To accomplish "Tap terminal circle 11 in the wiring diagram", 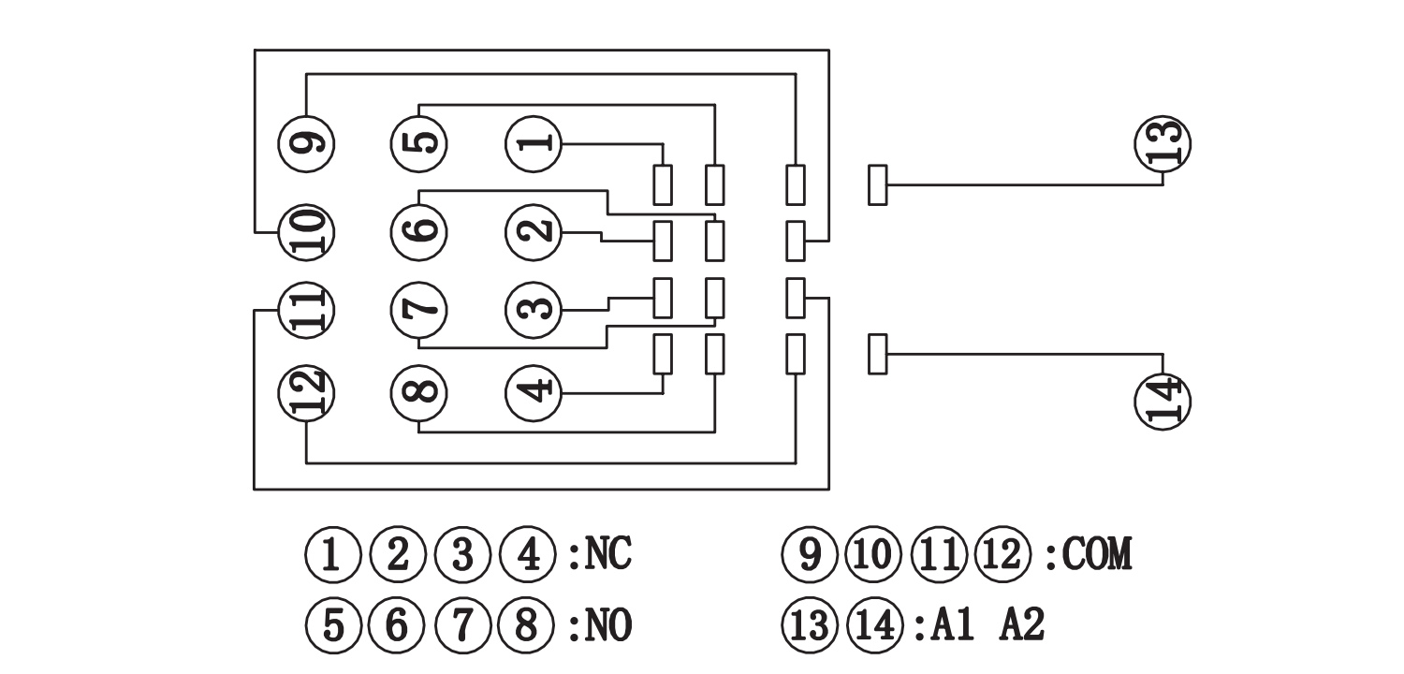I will tap(307, 309).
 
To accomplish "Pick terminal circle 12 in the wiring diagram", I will tap(307, 390).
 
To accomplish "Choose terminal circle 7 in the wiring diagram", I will tap(418, 309).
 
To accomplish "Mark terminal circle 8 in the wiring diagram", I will tap(418, 390).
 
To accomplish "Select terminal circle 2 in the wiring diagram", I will tap(534, 232).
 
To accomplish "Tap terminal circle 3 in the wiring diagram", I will tap(534, 309).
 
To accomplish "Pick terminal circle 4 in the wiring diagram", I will tap(534, 390).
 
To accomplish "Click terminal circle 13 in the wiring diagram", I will tap(1163, 142).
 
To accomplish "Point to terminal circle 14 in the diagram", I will tap(1163, 401).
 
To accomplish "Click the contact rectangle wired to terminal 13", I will tap(877, 184).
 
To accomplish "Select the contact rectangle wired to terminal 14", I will tap(877, 355).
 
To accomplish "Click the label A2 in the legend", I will tap(1022, 625).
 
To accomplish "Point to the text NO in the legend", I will tap(608, 625).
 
